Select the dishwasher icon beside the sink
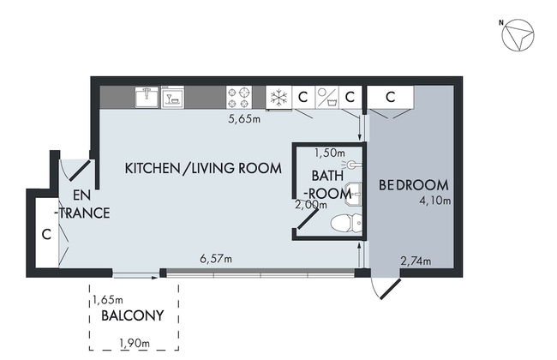pos(174,96)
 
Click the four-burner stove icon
pos(238,97)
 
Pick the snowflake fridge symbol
pos(278,97)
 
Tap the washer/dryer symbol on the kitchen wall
pos(326,97)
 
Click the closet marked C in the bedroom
pos(389,97)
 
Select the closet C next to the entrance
pos(45,234)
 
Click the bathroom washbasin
pos(354,194)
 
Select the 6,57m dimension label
pos(216,257)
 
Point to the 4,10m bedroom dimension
pos(435,201)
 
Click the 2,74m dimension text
pos(416,261)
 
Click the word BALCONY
pos(132,316)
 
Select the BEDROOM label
pos(414,184)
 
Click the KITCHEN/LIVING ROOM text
pos(203,168)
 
